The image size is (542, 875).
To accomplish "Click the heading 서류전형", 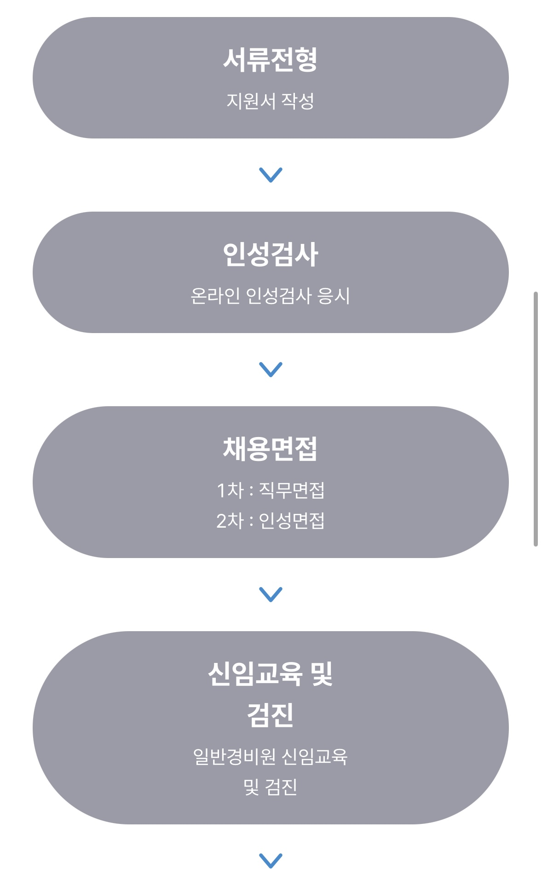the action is point(271,60).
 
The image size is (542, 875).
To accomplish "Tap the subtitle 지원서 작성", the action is point(271,101).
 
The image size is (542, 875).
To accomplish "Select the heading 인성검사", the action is point(271,254).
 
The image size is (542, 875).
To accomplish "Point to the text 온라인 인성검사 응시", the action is point(271,296).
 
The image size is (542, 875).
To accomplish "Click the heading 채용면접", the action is point(271,449).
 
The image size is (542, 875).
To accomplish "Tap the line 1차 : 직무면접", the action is point(271,490).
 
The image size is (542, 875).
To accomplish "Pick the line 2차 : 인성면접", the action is point(271,521).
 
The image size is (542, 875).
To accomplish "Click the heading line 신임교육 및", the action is point(271,674).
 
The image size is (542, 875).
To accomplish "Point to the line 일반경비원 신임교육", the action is point(271,757).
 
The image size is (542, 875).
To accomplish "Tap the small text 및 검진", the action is point(271,787).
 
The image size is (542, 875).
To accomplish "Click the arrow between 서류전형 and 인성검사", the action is point(271,175).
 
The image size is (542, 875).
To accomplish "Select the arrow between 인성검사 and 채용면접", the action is point(271,369).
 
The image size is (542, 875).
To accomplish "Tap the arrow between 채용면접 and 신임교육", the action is point(271,594).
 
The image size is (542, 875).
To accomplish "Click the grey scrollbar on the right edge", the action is point(536,419).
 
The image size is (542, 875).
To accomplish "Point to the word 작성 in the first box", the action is point(298,101).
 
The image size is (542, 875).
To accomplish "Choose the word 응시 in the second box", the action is point(334,296).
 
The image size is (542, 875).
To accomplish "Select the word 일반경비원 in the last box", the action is point(235,757).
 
